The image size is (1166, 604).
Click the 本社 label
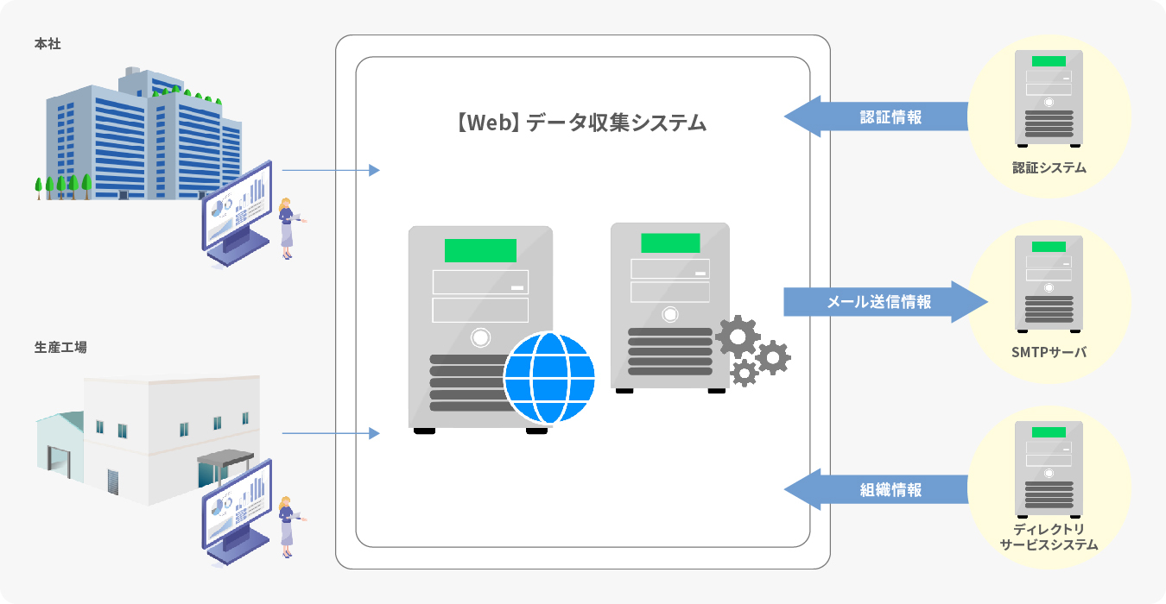coord(48,43)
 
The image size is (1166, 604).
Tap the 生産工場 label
coord(60,348)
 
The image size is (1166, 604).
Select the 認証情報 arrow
coord(877,117)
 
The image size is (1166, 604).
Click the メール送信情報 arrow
coord(885,302)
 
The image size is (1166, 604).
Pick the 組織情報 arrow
coord(877,490)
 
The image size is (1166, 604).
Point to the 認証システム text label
coord(1049,168)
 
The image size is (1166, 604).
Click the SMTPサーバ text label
coord(1049,353)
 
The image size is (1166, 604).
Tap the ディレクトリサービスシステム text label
coord(1049,537)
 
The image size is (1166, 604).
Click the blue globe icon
coord(550,378)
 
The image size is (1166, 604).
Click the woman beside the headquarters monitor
coord(287,230)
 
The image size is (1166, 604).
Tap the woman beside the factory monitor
coord(287,521)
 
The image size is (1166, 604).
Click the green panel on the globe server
coord(480,250)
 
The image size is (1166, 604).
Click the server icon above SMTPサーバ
coord(1049,284)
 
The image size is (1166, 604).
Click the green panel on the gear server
coord(669,242)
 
